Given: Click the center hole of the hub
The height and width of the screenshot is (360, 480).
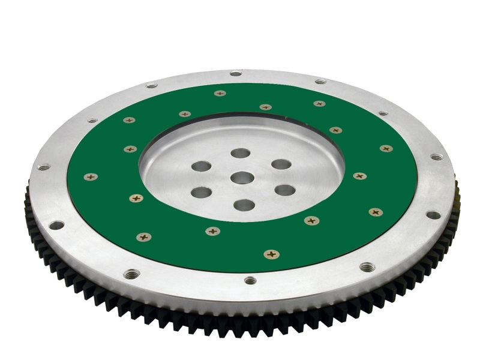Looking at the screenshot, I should [x=242, y=178].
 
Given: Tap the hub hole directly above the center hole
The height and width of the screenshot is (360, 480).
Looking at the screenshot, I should [x=241, y=153].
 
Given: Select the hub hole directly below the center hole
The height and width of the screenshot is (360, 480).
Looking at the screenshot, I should [x=244, y=205].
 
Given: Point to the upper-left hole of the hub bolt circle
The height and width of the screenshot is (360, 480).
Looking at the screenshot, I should [x=202, y=166].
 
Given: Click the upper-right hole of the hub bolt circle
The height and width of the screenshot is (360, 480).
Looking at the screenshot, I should [x=281, y=164].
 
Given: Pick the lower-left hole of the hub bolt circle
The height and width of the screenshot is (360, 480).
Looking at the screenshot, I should [x=202, y=193].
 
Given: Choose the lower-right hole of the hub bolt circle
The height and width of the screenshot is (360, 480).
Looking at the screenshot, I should [x=284, y=190].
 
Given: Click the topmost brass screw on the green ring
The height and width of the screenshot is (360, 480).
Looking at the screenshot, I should [x=220, y=93].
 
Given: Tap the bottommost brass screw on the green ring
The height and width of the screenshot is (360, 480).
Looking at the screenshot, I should [x=271, y=254].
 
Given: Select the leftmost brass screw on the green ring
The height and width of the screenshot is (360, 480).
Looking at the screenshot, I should [x=91, y=177].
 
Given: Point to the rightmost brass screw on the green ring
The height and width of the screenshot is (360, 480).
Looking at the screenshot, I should [x=386, y=148].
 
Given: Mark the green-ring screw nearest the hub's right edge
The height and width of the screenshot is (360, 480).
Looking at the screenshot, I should [x=359, y=176].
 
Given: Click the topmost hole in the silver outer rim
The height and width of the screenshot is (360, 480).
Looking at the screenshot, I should [x=236, y=74].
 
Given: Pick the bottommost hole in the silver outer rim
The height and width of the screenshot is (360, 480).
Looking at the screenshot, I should [x=250, y=280].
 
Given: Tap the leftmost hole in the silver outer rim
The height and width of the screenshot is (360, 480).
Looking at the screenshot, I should [x=44, y=167].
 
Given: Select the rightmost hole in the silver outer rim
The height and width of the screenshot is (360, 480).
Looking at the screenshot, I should [x=436, y=157].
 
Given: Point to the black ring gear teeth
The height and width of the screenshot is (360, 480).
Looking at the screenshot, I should [x=180, y=318].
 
